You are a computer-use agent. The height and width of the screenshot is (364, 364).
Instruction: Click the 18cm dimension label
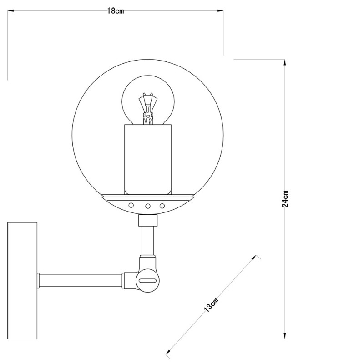tap(116, 11)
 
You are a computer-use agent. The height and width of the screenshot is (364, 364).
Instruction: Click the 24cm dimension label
tap(285, 199)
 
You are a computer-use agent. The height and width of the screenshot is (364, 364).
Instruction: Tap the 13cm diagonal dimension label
tap(212, 303)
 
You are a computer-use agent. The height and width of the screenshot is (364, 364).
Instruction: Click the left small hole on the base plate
tap(131, 206)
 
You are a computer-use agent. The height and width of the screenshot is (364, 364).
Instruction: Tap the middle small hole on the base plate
tap(148, 206)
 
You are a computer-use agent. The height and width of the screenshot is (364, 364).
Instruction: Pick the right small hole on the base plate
tap(162, 206)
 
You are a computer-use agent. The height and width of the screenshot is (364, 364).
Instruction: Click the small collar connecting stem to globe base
tap(148, 221)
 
